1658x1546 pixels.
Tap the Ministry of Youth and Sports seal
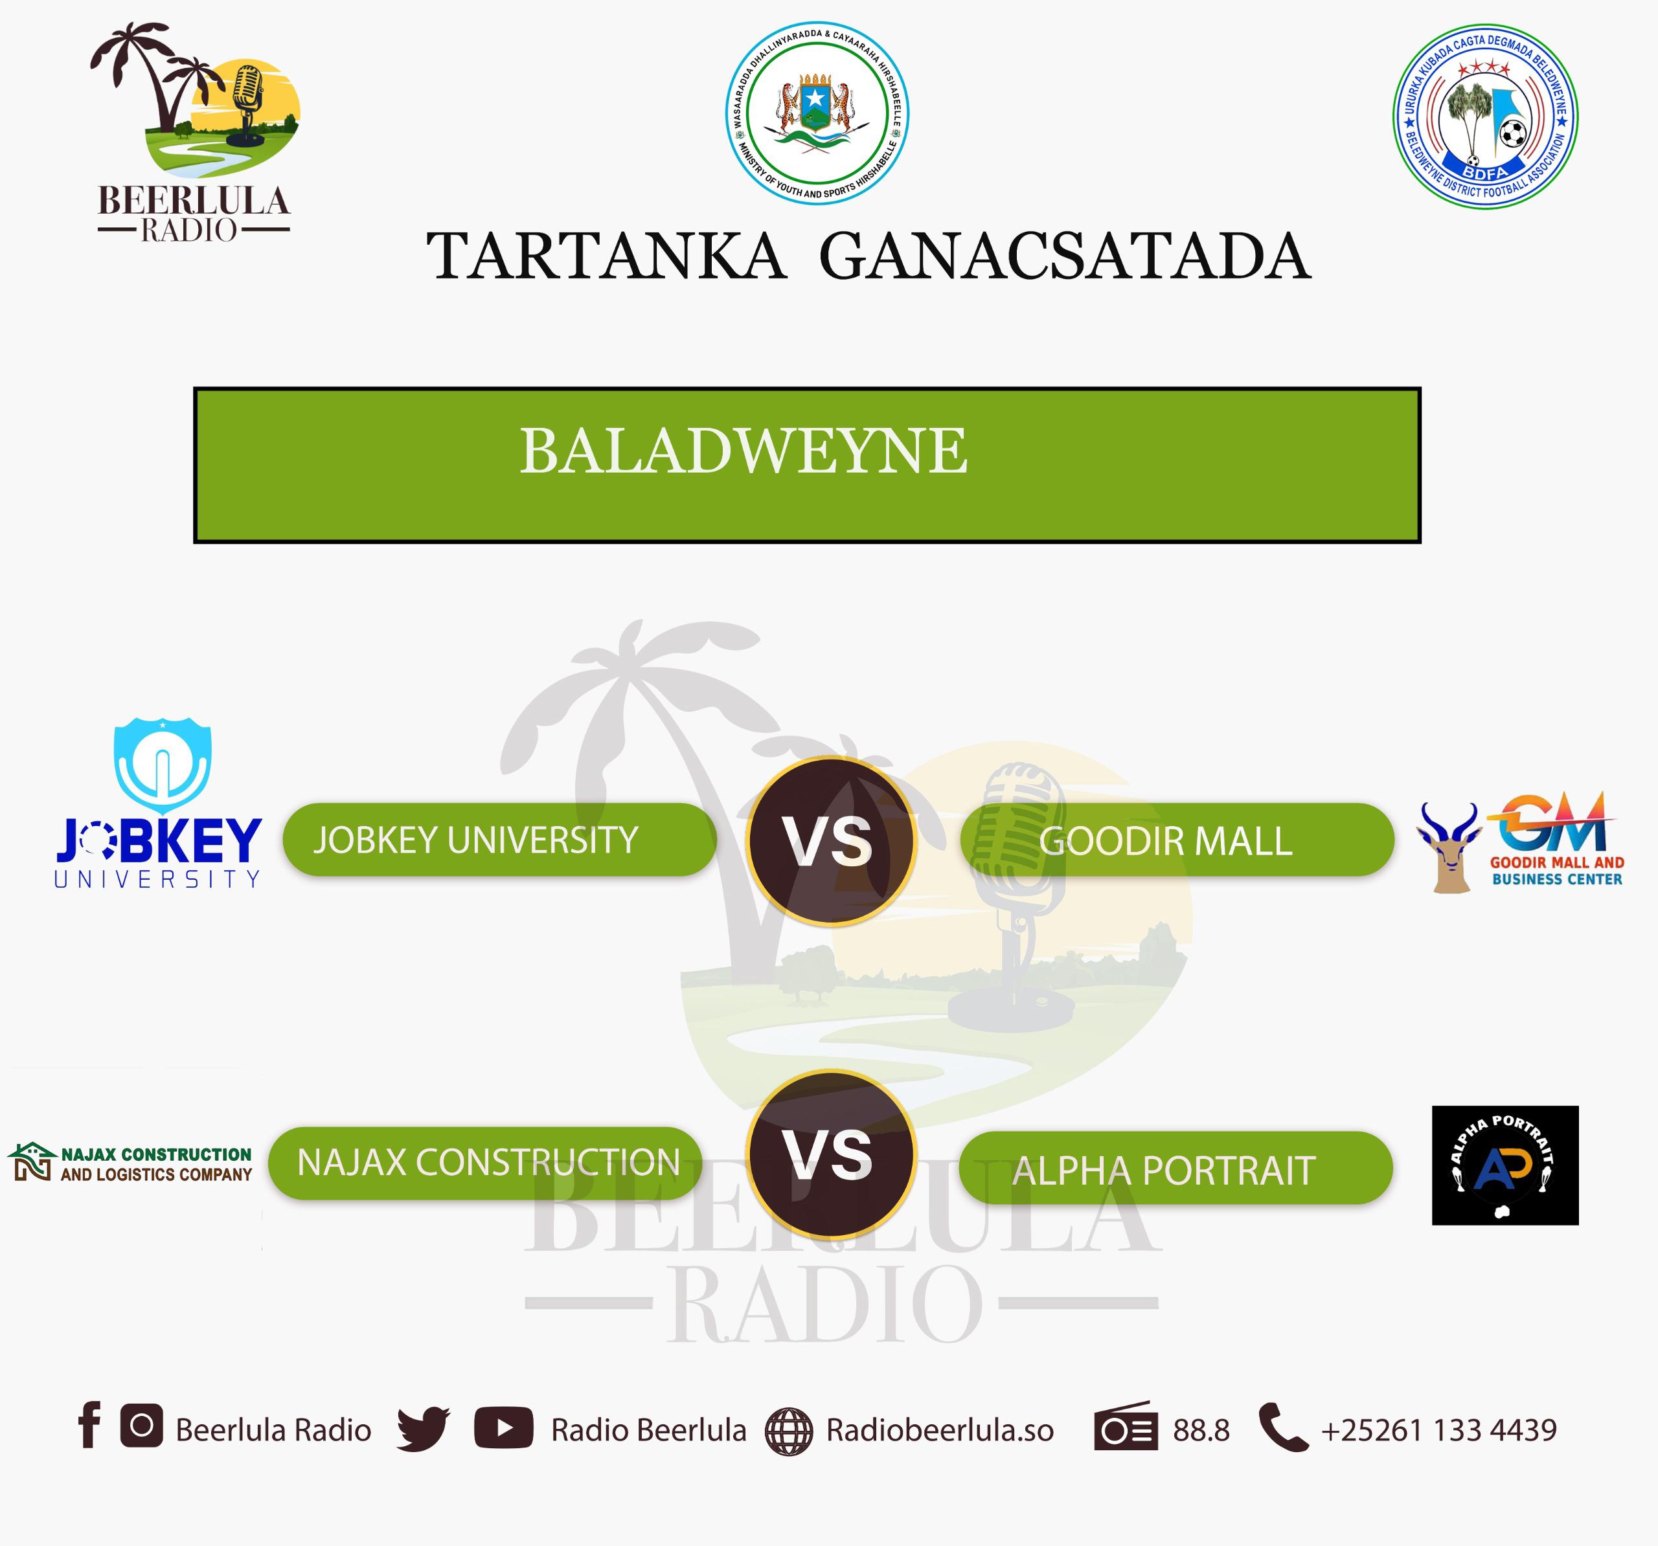tap(817, 113)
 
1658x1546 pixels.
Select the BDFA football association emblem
tap(1485, 116)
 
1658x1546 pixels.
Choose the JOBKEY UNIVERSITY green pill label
tap(499, 839)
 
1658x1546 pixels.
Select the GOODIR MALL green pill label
tap(1177, 840)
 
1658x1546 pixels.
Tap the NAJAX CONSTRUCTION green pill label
tap(485, 1163)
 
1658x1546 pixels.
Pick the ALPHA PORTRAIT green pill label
tap(1176, 1167)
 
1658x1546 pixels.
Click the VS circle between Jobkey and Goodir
tap(831, 840)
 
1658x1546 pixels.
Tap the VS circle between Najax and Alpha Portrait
tap(832, 1155)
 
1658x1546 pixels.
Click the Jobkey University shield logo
tap(162, 765)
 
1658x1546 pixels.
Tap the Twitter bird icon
tap(423, 1429)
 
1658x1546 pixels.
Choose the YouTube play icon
tap(504, 1428)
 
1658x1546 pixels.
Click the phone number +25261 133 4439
tap(1438, 1430)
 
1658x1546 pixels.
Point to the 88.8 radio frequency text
tap(1201, 1430)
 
